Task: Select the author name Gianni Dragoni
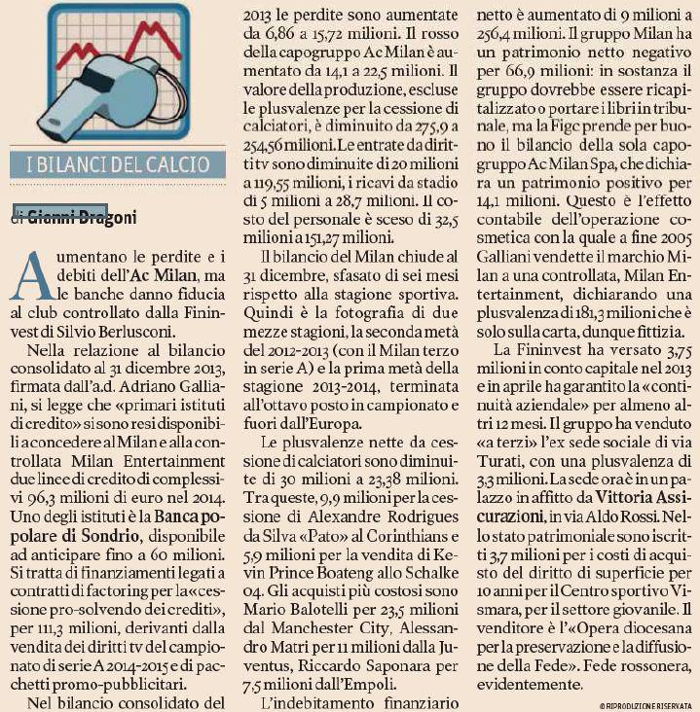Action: [82, 216]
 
